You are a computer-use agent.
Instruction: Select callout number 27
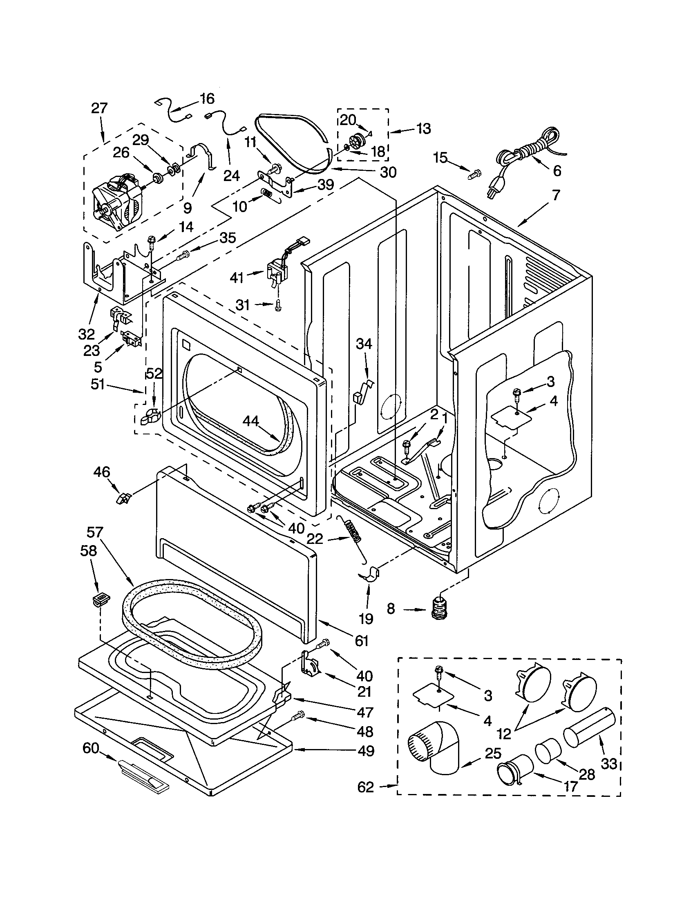[x=99, y=108]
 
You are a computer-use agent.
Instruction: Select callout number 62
[x=365, y=787]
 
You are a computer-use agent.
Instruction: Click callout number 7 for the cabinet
[x=556, y=195]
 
